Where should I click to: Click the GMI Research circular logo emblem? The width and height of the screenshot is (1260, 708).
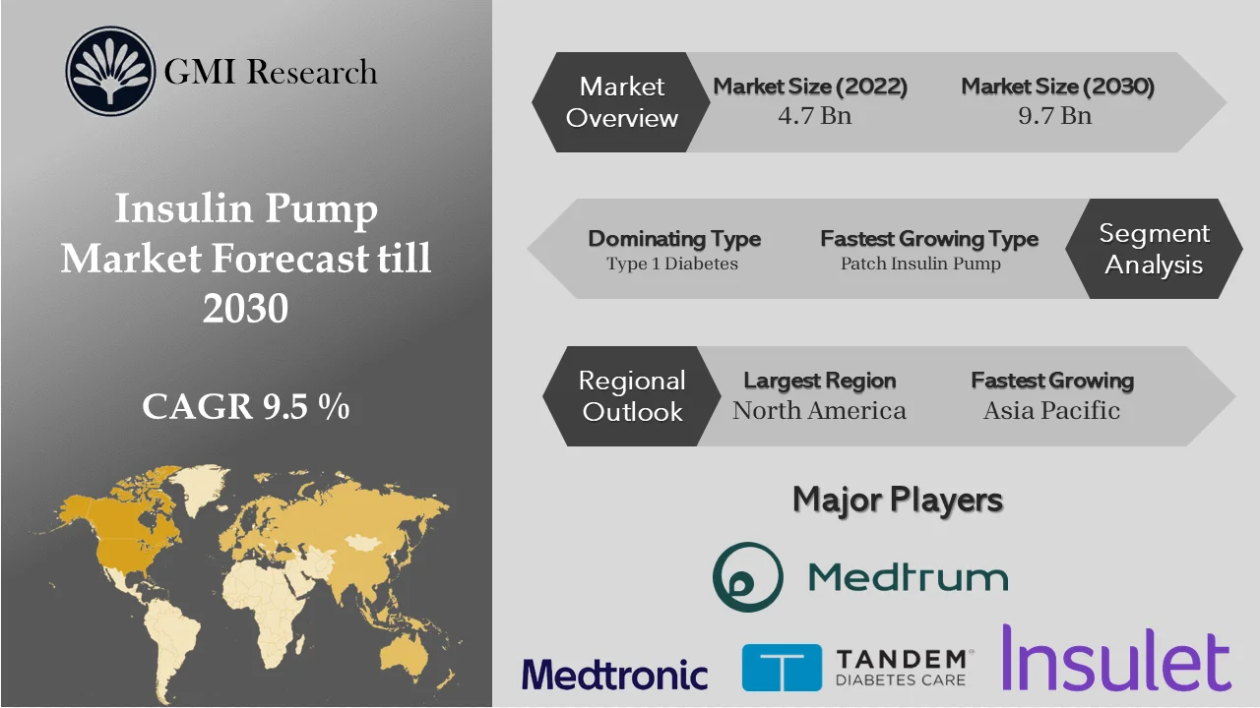110,72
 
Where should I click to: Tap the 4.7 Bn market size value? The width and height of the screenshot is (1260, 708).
814,115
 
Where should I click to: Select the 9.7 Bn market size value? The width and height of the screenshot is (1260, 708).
1054,115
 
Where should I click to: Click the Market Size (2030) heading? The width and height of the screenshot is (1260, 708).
1057,87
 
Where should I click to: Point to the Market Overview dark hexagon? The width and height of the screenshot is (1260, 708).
621,102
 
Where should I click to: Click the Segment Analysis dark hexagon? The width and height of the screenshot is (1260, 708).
1154,249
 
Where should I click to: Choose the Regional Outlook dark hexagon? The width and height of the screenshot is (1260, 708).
631,395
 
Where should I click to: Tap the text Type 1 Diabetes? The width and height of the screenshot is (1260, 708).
672,264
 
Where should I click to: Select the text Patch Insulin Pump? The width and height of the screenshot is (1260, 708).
920,264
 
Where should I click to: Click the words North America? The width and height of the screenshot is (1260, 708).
819,410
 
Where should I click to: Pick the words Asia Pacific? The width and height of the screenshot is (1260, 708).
1051,410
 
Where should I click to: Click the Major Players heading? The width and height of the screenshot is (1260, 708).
897,500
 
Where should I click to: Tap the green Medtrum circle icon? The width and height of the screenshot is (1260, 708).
748,577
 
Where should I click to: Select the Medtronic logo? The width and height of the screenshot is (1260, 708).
614,674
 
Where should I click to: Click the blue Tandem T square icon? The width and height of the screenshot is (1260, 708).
782,668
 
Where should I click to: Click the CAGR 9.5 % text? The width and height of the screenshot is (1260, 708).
245,406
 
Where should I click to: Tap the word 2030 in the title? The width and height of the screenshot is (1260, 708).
245,308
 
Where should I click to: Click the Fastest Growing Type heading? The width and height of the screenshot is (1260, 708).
928,239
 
